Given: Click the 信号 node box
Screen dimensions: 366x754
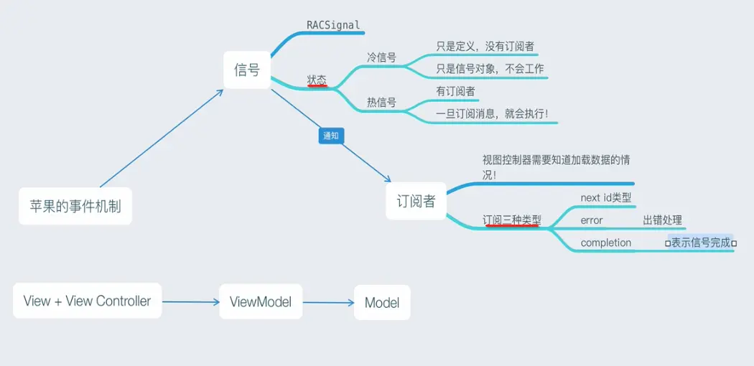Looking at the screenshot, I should click(246, 70).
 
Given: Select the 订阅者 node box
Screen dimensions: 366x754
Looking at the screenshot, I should click(416, 201).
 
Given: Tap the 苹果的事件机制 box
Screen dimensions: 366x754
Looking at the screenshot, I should click(75, 207).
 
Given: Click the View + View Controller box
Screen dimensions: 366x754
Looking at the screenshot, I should click(87, 301).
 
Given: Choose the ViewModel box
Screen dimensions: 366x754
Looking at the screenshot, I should click(261, 302).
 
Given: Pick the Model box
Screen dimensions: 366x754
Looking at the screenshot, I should click(382, 302).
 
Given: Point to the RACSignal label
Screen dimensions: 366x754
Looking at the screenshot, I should click(332, 25).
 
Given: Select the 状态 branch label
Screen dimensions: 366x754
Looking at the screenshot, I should click(317, 80).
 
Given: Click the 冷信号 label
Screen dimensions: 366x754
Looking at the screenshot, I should click(381, 57).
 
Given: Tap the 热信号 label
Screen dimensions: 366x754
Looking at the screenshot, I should click(381, 102).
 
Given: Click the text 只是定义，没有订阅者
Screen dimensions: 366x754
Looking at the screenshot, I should click(485, 47).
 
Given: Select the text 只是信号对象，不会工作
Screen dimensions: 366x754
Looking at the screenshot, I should click(490, 70).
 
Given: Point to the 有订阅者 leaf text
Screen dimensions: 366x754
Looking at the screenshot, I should click(455, 92).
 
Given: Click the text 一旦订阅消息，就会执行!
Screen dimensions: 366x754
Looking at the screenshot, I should click(492, 114).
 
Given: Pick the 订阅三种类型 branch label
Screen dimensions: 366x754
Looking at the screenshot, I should click(512, 220).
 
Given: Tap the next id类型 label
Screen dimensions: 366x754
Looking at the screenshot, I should click(605, 197).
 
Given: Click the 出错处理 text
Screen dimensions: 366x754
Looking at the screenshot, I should click(662, 220).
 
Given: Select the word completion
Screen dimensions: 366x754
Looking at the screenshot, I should click(605, 243).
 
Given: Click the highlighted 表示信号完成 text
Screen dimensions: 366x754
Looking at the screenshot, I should click(700, 243).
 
